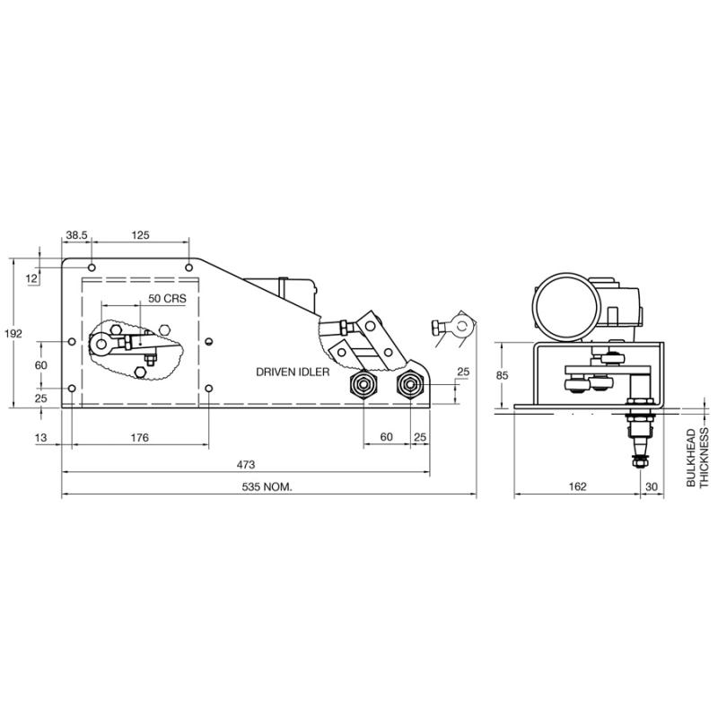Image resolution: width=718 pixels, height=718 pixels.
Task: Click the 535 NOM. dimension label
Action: (267, 486)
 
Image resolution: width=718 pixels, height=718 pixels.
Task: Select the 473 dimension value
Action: (245, 465)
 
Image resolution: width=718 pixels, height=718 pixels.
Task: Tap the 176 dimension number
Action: (140, 438)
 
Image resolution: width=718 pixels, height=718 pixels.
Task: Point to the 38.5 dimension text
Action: (76, 235)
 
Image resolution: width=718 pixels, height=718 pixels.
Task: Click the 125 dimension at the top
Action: (140, 235)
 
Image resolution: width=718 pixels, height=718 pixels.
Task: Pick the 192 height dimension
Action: (13, 334)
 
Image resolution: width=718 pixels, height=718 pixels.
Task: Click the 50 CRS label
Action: (167, 299)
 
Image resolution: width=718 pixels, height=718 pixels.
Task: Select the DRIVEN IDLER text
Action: (293, 372)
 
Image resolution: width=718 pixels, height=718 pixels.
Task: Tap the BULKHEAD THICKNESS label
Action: (697, 458)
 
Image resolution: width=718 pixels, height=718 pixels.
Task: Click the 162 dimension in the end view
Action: (577, 486)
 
